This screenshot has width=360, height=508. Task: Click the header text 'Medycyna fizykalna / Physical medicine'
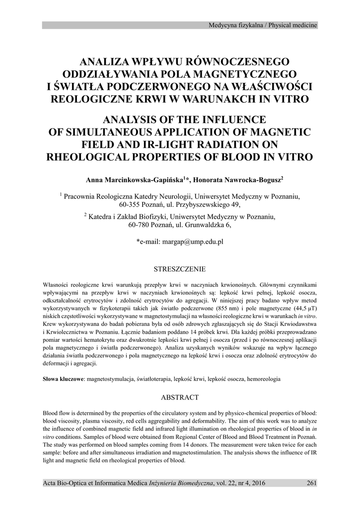point(263,25)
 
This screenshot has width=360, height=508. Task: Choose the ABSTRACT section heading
point(180,397)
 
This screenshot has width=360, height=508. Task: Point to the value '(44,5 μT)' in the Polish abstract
point(301,308)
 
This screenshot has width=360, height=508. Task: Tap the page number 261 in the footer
point(311,483)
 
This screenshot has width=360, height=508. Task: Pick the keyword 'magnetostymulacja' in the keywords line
point(111,379)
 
